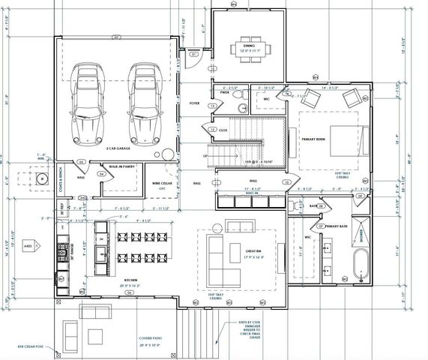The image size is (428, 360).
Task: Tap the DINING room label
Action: [250, 46]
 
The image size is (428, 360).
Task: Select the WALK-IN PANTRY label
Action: [121, 166]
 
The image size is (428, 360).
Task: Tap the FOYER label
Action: [195, 103]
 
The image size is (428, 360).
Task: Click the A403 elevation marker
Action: [28, 244]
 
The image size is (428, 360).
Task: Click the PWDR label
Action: [224, 93]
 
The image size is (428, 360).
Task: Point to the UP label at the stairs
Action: [206, 156]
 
